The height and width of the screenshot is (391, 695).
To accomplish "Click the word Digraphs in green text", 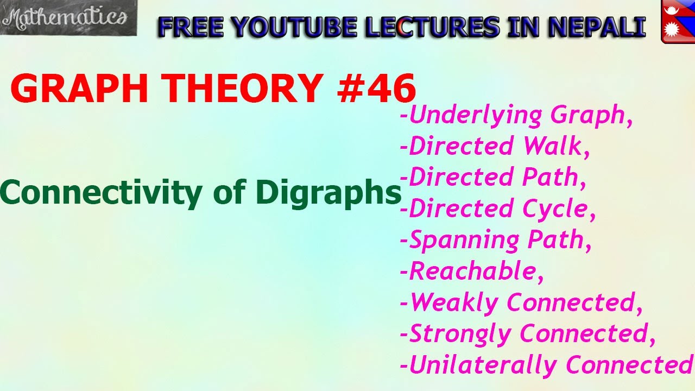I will click(328, 192).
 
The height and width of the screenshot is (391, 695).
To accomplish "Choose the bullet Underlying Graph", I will click(516, 115).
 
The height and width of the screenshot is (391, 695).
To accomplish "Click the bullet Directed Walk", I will click(495, 146).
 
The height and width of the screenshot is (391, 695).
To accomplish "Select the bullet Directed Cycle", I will click(497, 209).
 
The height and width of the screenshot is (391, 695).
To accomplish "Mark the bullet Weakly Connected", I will click(521, 302).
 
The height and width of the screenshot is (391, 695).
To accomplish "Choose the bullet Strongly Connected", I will click(527, 333).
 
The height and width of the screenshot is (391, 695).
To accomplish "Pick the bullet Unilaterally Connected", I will click(546, 365).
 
